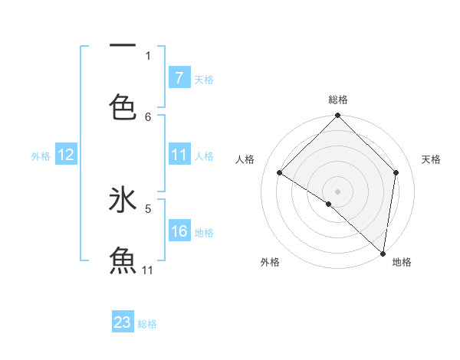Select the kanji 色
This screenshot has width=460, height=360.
pyautogui.click(x=123, y=106)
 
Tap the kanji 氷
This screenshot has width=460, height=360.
pyautogui.click(x=123, y=200)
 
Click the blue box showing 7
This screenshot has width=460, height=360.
pyautogui.click(x=179, y=78)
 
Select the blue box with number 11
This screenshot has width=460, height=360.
pyautogui.click(x=179, y=155)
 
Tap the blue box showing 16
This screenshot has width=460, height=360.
pyautogui.click(x=179, y=231)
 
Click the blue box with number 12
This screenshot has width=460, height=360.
pyautogui.click(x=66, y=155)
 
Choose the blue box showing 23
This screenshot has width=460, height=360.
pyautogui.click(x=123, y=322)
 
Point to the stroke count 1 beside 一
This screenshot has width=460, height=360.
pyautogui.click(x=148, y=55)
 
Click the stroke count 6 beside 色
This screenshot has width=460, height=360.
pyautogui.click(x=148, y=116)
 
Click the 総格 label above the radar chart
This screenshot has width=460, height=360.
pyautogui.click(x=337, y=100)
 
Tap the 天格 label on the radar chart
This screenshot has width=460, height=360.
pyautogui.click(x=431, y=159)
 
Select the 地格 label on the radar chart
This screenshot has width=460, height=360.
pyautogui.click(x=402, y=262)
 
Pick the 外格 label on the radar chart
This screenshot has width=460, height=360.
pyautogui.click(x=269, y=262)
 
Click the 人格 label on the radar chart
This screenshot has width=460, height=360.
pyautogui.click(x=245, y=159)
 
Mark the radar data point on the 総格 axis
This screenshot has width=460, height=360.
pyautogui.click(x=337, y=116)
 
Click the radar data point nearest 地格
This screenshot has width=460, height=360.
pyautogui.click(x=383, y=253)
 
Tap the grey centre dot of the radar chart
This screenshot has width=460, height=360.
pyautogui.click(x=337, y=191)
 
